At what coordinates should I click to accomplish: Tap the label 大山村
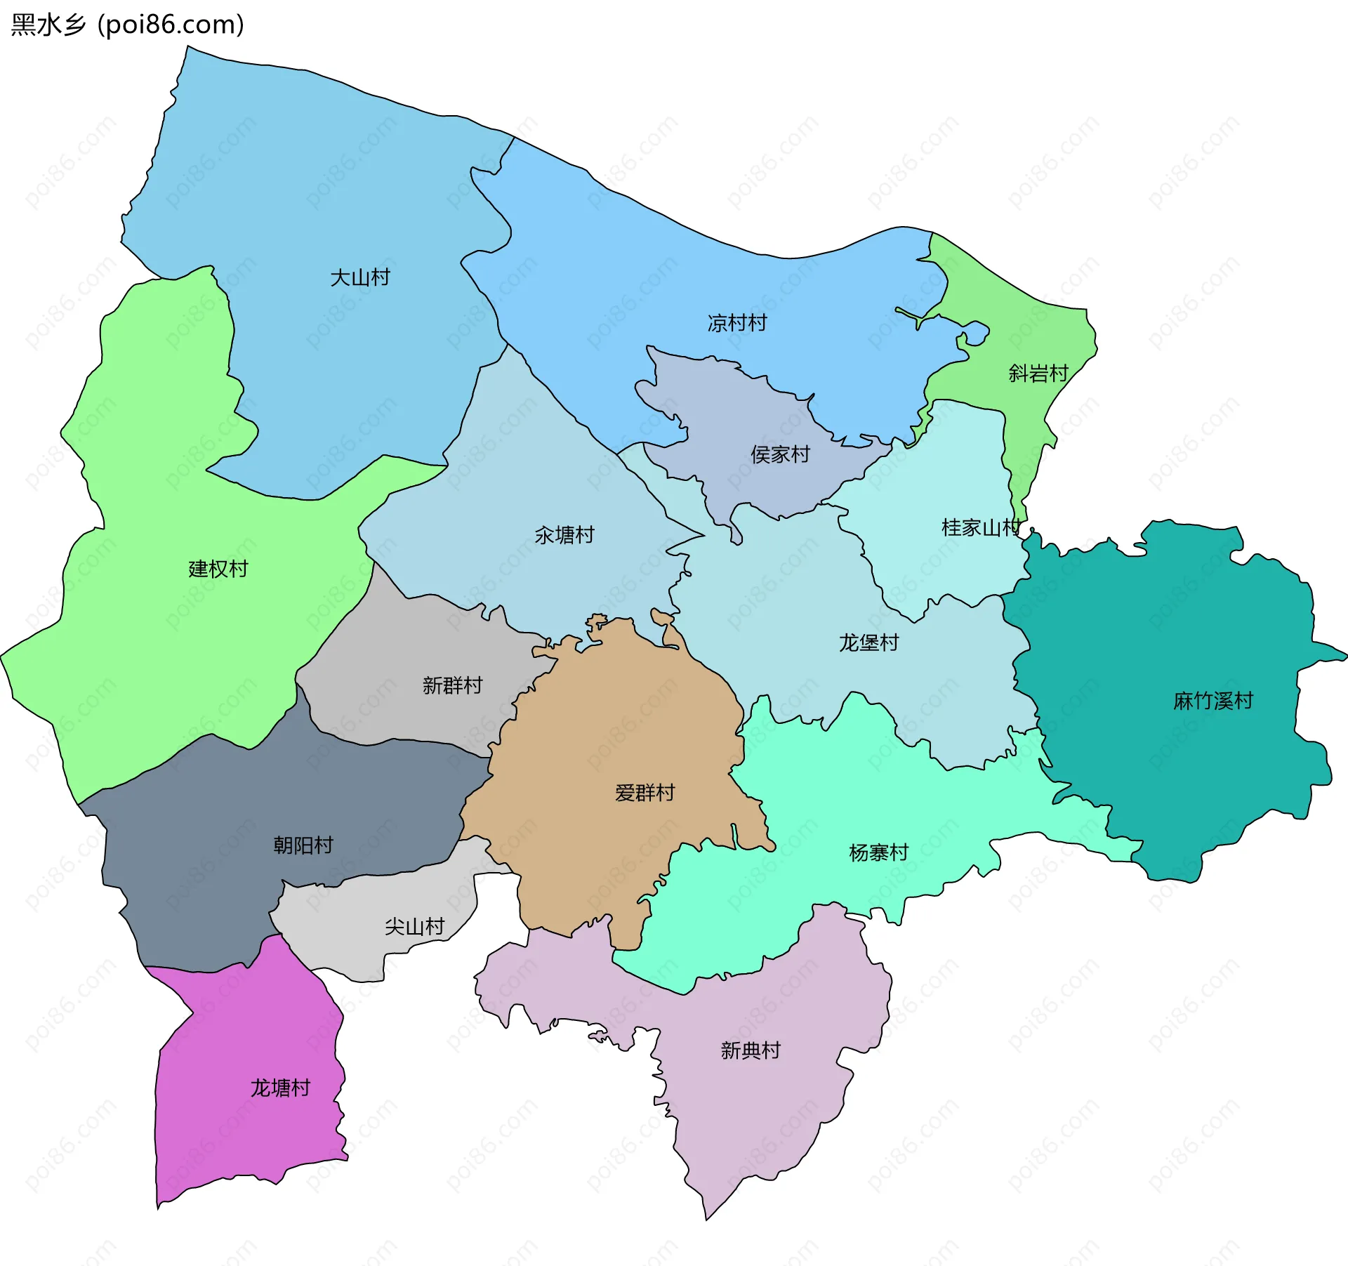pos(359,277)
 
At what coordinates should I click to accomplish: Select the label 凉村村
pos(736,323)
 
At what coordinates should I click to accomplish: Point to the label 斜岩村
pos(1038,373)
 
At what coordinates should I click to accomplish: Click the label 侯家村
pos(780,454)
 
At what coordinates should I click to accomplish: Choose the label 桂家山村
pos(981,527)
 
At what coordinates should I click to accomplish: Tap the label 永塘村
pos(564,535)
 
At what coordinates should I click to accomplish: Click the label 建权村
pos(218,569)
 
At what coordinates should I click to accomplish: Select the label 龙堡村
pos(868,642)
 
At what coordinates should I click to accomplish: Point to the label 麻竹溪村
pos(1212,701)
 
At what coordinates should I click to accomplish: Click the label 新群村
pos(452,685)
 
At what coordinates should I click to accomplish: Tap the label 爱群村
pos(645,793)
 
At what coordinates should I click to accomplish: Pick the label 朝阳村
pos(303,845)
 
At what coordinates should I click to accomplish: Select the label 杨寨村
pos(878,852)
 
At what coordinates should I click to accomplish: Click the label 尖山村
pos(414,927)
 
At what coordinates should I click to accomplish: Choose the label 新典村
pos(751,1050)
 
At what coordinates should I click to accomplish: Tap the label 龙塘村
pos(280,1088)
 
